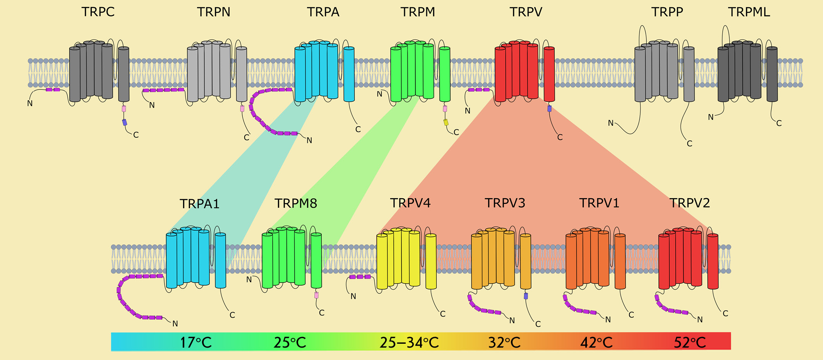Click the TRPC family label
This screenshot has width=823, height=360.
[98, 12]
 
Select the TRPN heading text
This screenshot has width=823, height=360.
[214, 12]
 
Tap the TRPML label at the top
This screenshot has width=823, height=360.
[749, 12]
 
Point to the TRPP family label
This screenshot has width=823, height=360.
[667, 12]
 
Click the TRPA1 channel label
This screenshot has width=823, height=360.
[199, 204]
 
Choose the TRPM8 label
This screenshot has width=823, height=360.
[296, 203]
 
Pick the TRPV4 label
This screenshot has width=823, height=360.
[410, 203]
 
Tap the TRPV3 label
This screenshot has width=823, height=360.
[505, 203]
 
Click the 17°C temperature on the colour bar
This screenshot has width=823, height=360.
[196, 343]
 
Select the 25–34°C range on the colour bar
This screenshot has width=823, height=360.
[409, 343]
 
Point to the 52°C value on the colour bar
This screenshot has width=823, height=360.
[690, 343]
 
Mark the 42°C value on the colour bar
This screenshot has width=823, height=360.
[596, 343]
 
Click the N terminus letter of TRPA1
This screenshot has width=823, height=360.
[175, 324]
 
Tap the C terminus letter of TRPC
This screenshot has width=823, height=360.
[136, 135]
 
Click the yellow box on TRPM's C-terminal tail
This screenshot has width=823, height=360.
[446, 122]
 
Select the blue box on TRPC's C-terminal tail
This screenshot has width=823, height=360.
[125, 122]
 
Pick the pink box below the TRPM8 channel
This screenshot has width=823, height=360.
[316, 295]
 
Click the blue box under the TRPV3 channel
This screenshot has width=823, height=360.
[526, 296]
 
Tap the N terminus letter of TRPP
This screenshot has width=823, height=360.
[610, 123]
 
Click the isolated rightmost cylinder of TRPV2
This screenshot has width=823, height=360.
[713, 261]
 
